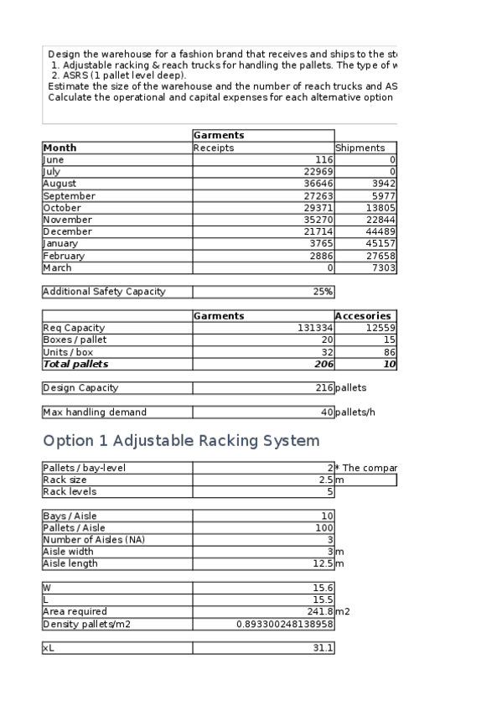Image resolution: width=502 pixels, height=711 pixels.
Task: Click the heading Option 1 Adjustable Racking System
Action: click(180, 441)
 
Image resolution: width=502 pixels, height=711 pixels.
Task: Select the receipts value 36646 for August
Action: click(315, 184)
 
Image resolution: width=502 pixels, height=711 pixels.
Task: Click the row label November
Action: click(68, 220)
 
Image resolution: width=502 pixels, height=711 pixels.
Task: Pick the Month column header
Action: click(60, 148)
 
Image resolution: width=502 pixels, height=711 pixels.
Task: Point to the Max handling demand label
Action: click(95, 413)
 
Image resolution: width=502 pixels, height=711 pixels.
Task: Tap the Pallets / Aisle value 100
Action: click(324, 527)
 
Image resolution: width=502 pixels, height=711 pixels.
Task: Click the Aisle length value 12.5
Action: click(322, 563)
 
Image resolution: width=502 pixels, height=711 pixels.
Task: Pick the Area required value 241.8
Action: click(320, 612)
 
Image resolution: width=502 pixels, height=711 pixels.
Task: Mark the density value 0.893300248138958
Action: click(286, 625)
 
